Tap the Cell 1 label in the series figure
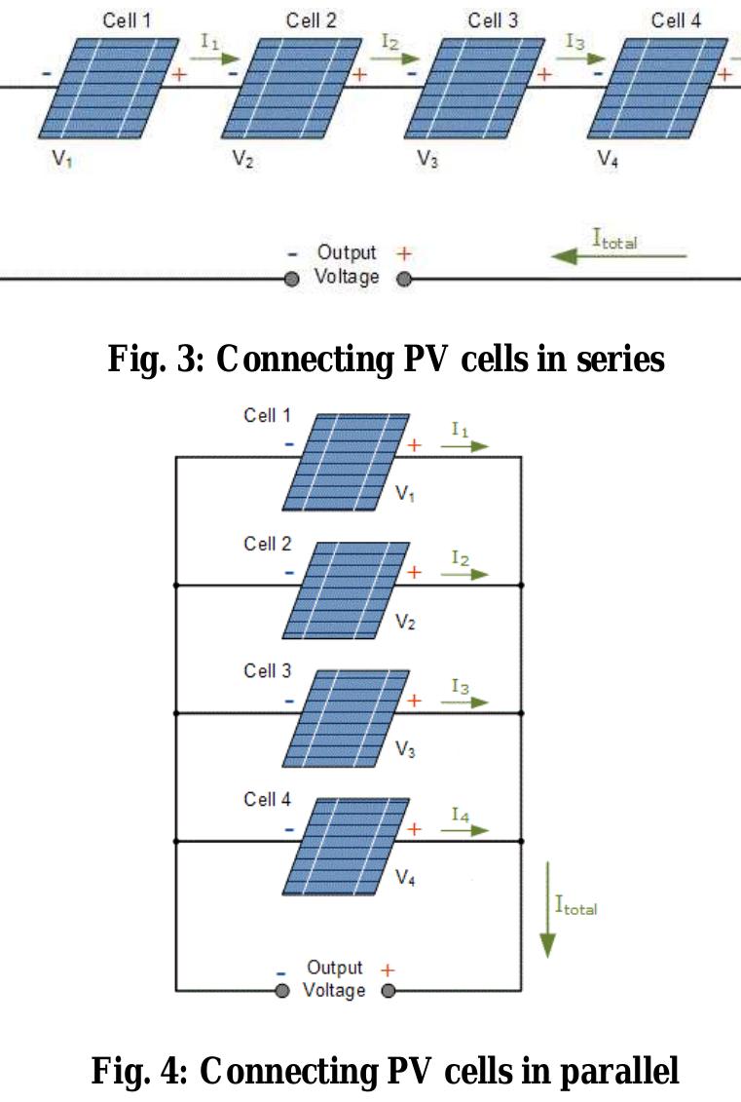click(x=127, y=19)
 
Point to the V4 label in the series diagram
click(x=608, y=161)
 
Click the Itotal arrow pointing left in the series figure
click(x=619, y=256)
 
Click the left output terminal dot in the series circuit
click(x=290, y=279)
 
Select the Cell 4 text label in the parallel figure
click(x=267, y=799)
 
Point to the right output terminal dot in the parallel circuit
click(x=389, y=991)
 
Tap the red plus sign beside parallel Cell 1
click(x=414, y=445)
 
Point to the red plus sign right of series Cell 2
click(x=360, y=76)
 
